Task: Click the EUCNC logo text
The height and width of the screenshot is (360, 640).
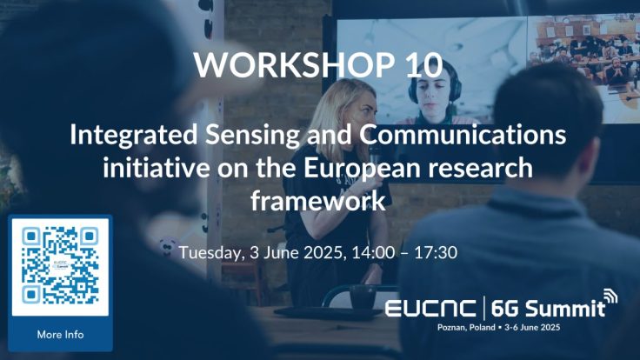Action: pos(430,309)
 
